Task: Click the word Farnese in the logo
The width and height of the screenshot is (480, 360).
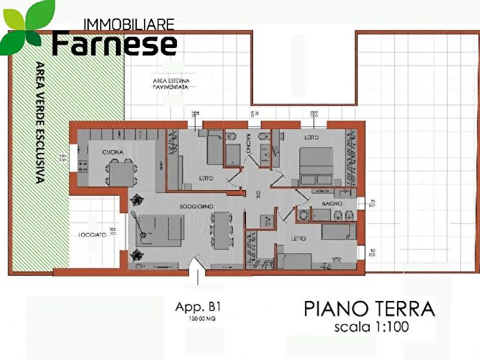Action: click(115, 44)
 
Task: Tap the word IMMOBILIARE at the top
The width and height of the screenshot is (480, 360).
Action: click(128, 24)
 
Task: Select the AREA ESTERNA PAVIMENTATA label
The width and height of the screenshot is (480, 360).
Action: click(171, 84)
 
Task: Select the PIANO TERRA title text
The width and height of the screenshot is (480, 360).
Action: click(369, 309)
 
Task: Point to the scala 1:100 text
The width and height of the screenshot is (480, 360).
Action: click(371, 327)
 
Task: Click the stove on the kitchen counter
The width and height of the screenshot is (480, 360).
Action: click(83, 166)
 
